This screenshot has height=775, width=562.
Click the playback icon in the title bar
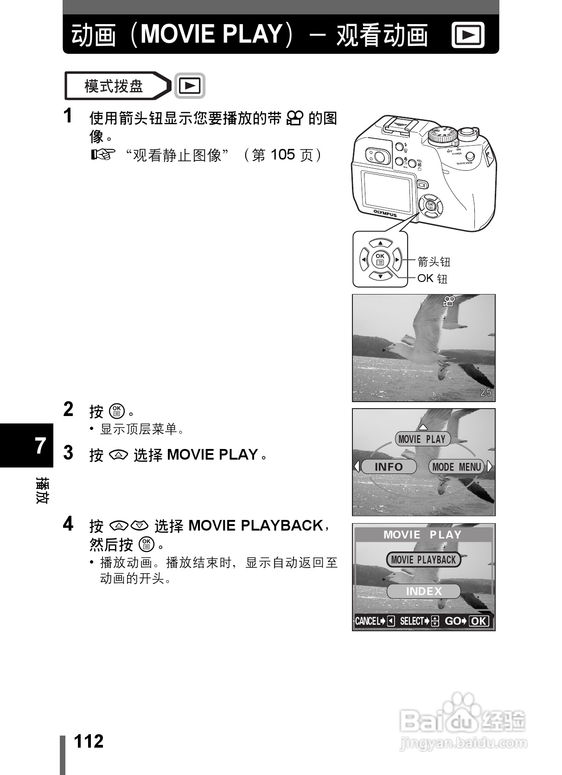pyautogui.click(x=468, y=35)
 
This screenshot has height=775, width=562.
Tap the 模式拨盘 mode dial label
pyautogui.click(x=114, y=86)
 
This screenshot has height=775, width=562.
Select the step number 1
pyautogui.click(x=68, y=115)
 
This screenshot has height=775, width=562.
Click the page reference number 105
pyautogui.click(x=282, y=154)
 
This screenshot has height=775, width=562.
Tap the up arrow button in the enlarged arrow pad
pyautogui.click(x=380, y=243)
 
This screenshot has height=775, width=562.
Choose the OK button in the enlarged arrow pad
pyautogui.click(x=380, y=259)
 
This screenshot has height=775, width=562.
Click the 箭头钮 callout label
pyautogui.click(x=434, y=262)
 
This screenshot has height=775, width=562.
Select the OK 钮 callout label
pyautogui.click(x=432, y=278)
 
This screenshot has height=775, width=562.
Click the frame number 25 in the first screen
pyautogui.click(x=485, y=392)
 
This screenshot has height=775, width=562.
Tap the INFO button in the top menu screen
pyautogui.click(x=389, y=467)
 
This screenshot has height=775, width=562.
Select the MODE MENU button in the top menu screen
pyautogui.click(x=456, y=467)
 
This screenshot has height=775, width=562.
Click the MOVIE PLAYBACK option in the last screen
pyautogui.click(x=423, y=560)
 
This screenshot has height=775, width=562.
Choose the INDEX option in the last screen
pyautogui.click(x=423, y=591)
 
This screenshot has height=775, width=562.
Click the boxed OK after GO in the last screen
pyautogui.click(x=479, y=621)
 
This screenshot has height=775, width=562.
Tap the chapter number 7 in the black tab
pyautogui.click(x=41, y=445)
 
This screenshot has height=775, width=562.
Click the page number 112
pyautogui.click(x=89, y=741)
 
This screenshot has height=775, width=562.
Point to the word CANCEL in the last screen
pyautogui.click(x=367, y=621)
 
